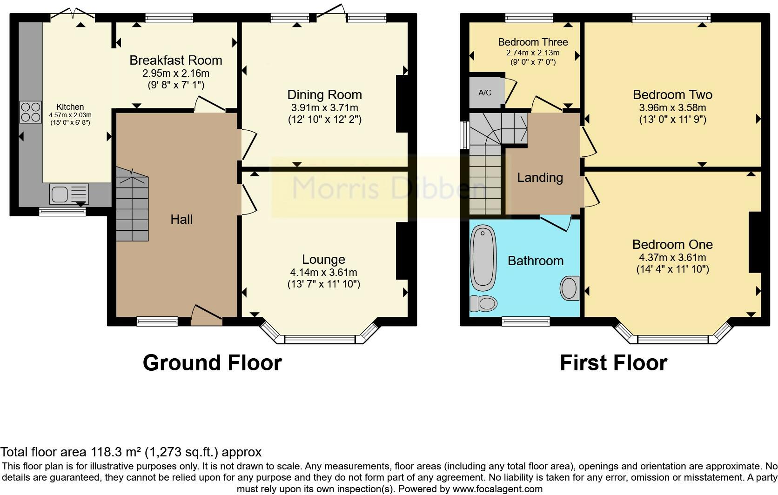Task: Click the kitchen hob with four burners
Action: (x=31, y=112)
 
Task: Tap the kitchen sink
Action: (x=69, y=194)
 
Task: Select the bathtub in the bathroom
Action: (x=483, y=258)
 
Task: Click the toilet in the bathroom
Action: (x=483, y=304)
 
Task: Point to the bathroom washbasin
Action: (x=570, y=288)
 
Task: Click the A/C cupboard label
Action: (x=485, y=93)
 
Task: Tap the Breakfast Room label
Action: (x=176, y=60)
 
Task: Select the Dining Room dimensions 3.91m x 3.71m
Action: (x=324, y=107)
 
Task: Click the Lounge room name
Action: (x=323, y=260)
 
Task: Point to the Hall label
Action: (x=181, y=220)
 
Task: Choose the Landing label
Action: (x=540, y=178)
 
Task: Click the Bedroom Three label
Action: (x=533, y=42)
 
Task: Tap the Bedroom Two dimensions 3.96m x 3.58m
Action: (x=672, y=107)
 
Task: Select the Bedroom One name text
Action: (x=672, y=245)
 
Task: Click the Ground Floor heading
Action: (x=212, y=363)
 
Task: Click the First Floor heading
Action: (x=613, y=363)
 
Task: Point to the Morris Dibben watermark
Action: (x=388, y=188)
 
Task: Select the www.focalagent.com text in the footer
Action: (x=497, y=489)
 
